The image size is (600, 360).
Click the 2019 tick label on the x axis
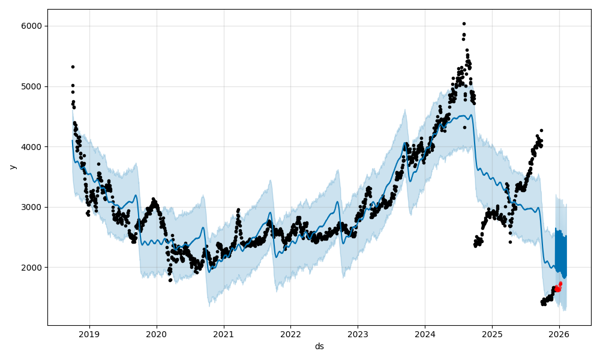[89, 334]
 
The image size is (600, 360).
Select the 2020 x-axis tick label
[157, 334]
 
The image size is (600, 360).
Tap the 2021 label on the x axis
[224, 334]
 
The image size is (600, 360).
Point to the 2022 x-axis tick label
[290, 334]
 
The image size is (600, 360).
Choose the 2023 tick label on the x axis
[358, 334]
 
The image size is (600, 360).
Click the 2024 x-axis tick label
[425, 334]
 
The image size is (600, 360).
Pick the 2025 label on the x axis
[492, 334]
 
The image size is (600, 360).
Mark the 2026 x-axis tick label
[559, 334]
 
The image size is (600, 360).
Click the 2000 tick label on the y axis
[33, 268]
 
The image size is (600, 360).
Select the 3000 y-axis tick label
[33, 207]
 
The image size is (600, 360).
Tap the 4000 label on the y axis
[33, 146]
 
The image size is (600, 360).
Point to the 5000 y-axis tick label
[33, 86]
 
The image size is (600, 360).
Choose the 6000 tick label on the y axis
[33, 26]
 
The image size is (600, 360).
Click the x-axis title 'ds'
[319, 346]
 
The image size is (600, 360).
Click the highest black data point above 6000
[464, 23]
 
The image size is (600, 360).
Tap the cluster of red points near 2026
[558, 287]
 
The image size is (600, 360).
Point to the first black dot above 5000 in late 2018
[73, 67]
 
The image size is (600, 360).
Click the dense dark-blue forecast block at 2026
[560, 252]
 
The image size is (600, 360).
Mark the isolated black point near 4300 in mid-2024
[464, 127]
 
